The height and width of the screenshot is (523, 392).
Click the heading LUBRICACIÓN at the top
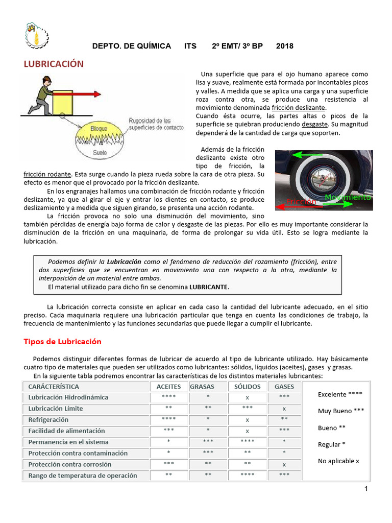[54, 64]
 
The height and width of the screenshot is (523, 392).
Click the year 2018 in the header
[284, 46]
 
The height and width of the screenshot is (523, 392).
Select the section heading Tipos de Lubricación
[63, 341]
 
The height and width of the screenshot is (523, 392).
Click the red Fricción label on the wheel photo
[301, 202]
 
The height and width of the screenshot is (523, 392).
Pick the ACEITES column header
[168, 387]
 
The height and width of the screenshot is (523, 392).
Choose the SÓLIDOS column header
[247, 387]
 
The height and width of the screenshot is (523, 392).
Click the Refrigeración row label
[48, 419]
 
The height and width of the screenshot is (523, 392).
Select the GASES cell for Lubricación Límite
[284, 409]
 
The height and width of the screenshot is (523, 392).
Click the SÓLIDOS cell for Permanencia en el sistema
[247, 442]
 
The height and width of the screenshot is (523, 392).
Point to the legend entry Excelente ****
[340, 394]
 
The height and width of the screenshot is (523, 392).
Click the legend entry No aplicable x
[338, 461]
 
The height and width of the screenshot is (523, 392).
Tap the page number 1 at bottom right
[366, 489]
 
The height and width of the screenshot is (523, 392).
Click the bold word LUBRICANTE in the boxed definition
[208, 287]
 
